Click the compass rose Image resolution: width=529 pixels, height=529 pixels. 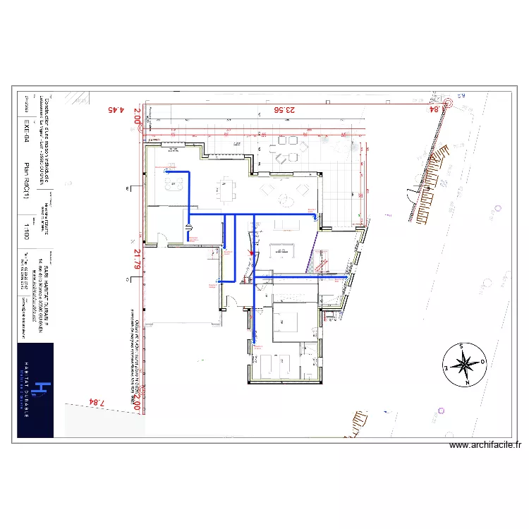coord(464,365)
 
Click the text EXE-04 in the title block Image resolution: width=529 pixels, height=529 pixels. coord(27,133)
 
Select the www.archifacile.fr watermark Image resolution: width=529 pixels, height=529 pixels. coord(485,445)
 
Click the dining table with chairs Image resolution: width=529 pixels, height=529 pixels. coord(224,188)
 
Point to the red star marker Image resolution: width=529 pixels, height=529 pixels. coord(250,253)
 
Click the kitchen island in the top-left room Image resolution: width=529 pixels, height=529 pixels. coord(174,185)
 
